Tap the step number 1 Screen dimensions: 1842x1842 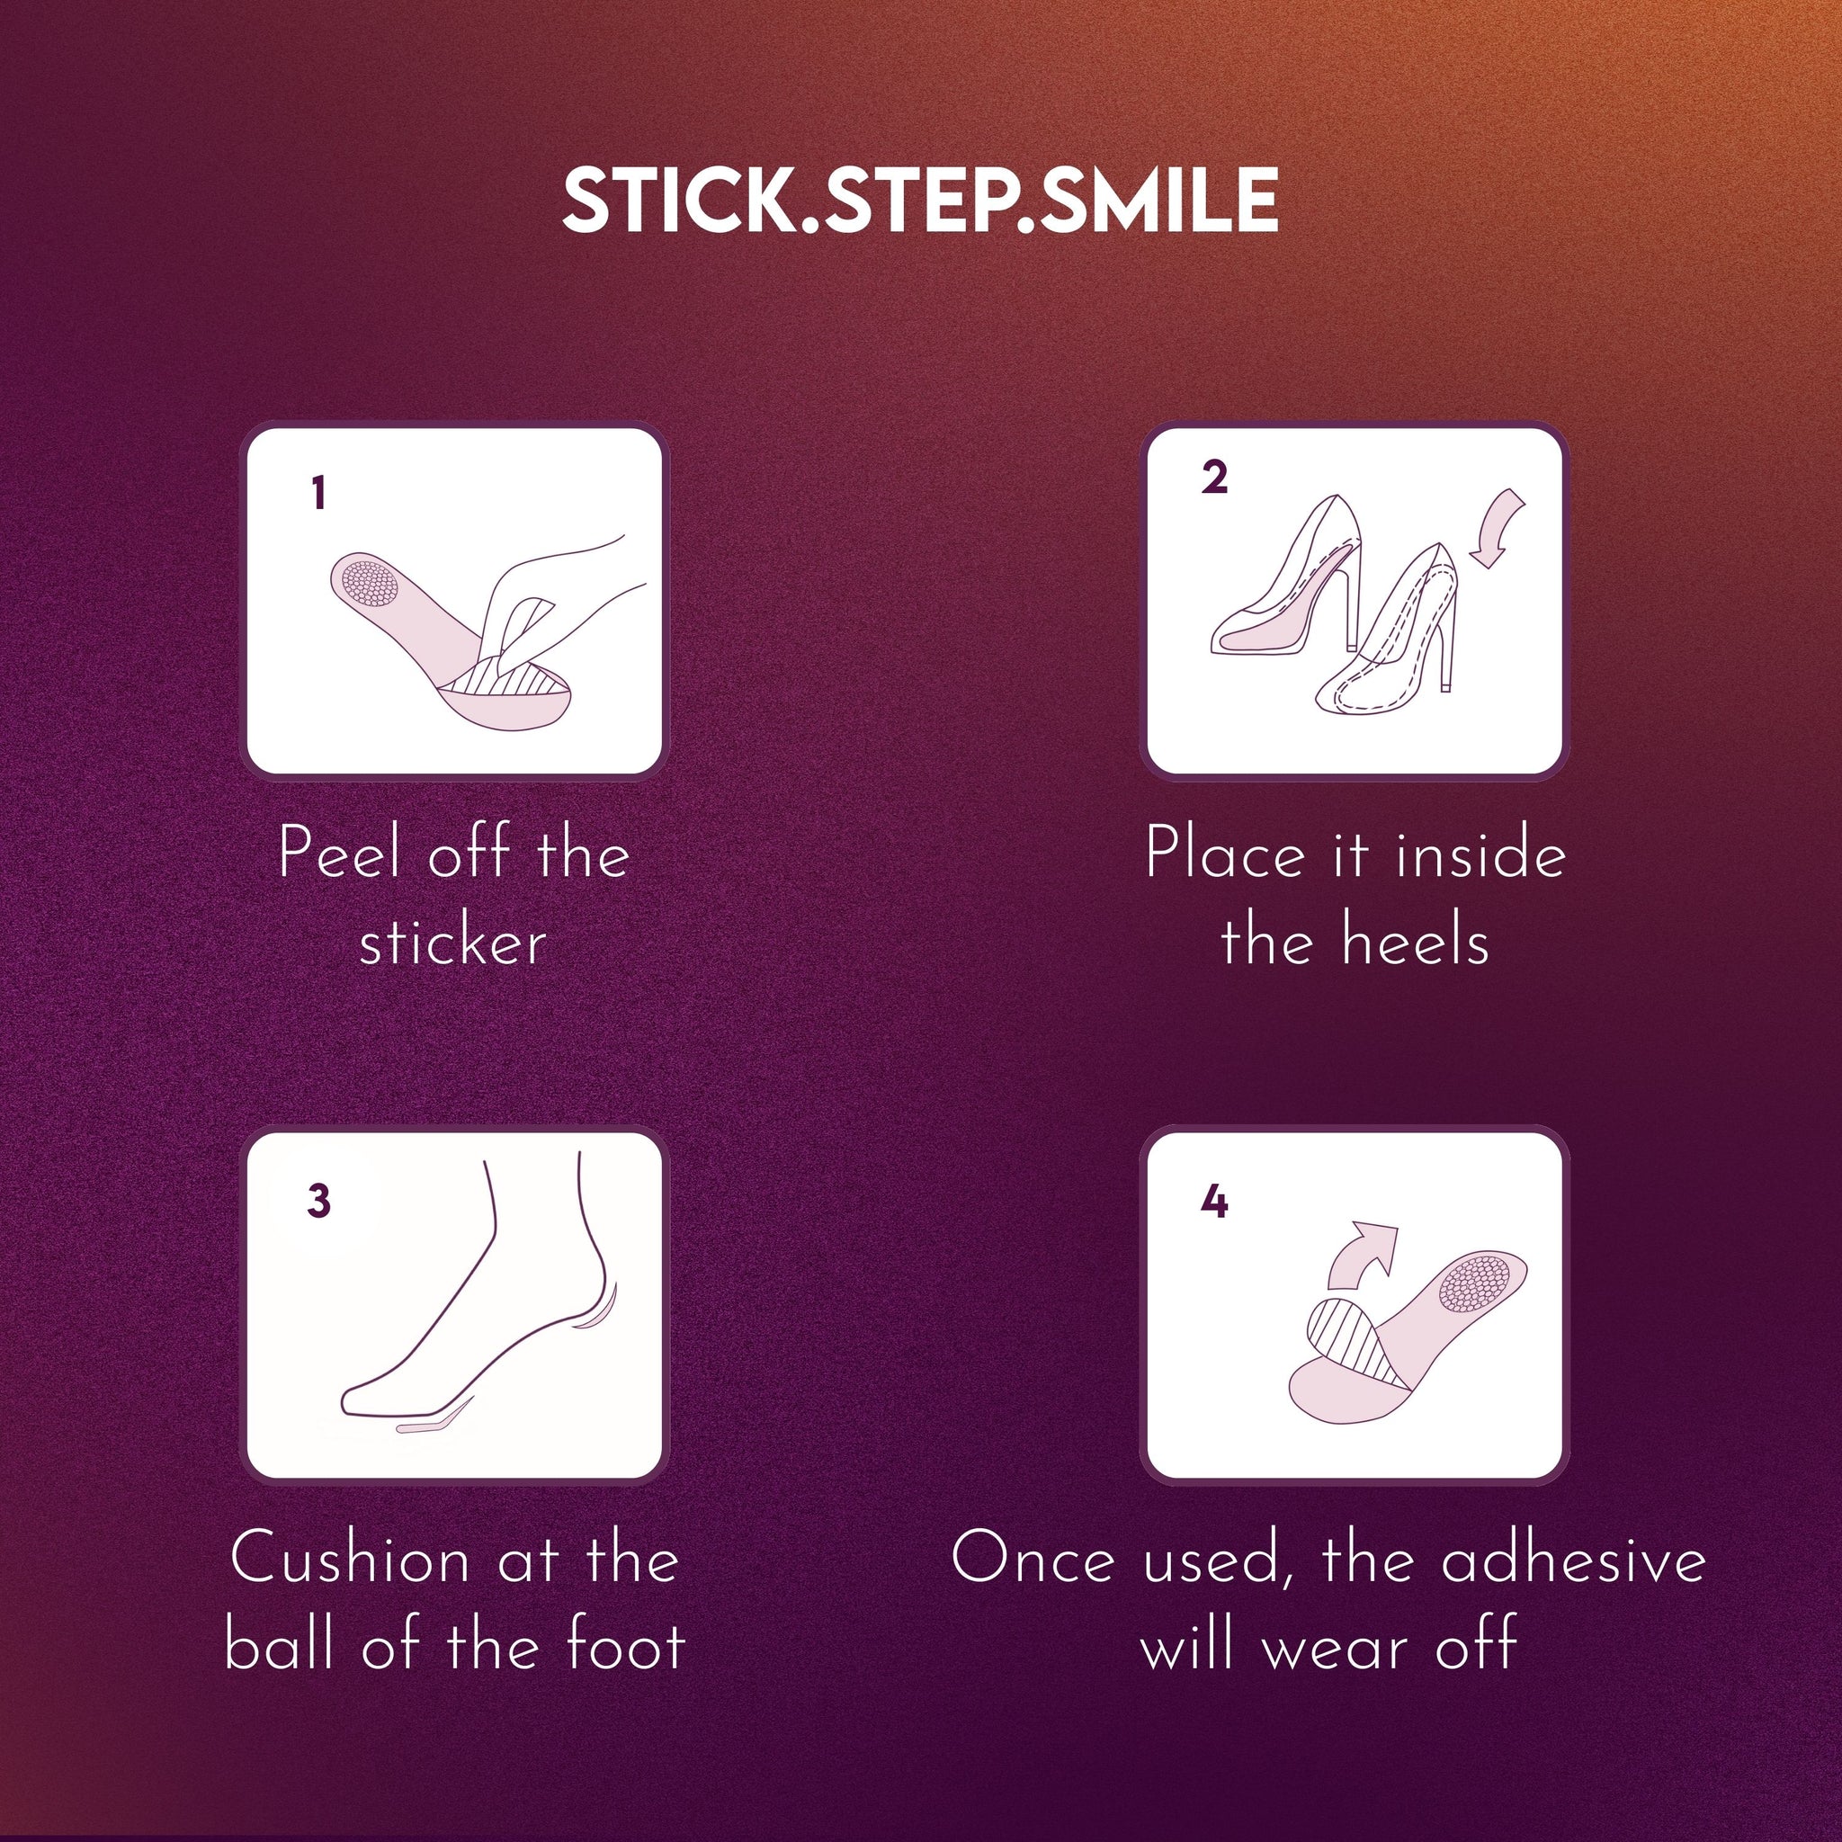tap(318, 494)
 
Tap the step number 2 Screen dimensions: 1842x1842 tap(1213, 477)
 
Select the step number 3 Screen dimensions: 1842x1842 tap(318, 1202)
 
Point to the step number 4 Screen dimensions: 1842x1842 tap(1213, 1202)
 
